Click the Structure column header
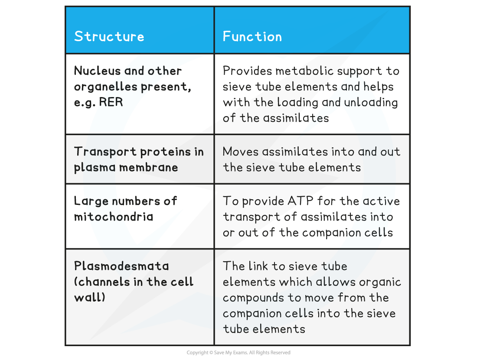[109, 36]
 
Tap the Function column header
[252, 36]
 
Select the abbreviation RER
[110, 102]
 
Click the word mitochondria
[113, 217]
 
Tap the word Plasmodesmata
[121, 266]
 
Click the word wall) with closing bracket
[89, 298]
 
